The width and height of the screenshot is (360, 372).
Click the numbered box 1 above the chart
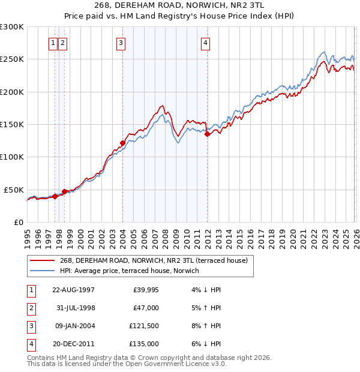53,43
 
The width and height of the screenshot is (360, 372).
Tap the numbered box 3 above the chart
121,43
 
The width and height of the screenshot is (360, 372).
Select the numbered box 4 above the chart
205,43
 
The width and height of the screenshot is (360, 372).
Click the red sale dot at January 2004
122,143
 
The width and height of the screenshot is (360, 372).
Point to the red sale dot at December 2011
207,134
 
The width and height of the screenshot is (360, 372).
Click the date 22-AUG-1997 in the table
74,289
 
